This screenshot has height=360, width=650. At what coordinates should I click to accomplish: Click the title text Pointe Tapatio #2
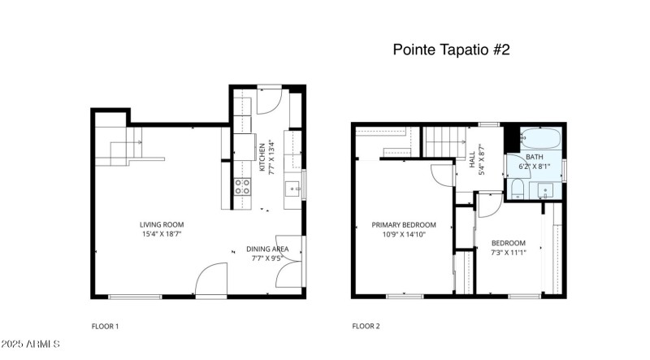pyautogui.click(x=451, y=50)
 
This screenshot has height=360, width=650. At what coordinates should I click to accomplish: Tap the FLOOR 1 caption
pyautogui.click(x=105, y=327)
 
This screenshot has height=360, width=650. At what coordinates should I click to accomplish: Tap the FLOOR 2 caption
pyautogui.click(x=365, y=327)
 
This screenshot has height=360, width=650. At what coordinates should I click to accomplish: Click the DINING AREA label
pyautogui.click(x=267, y=249)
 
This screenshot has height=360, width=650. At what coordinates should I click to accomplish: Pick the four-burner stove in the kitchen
pyautogui.click(x=242, y=188)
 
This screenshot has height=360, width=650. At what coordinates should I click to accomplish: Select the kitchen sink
pyautogui.click(x=292, y=190)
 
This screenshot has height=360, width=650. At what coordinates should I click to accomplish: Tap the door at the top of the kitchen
pyautogui.click(x=270, y=102)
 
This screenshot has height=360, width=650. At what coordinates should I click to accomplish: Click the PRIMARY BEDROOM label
pyautogui.click(x=404, y=225)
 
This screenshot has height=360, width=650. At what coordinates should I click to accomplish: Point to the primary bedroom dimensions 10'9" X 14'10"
pyautogui.click(x=404, y=235)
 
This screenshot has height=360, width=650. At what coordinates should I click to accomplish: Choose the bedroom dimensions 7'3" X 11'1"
pyautogui.click(x=508, y=253)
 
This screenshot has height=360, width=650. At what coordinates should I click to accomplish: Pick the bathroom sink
pyautogui.click(x=546, y=189)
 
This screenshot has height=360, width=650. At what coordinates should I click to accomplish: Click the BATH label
pyautogui.click(x=535, y=157)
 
